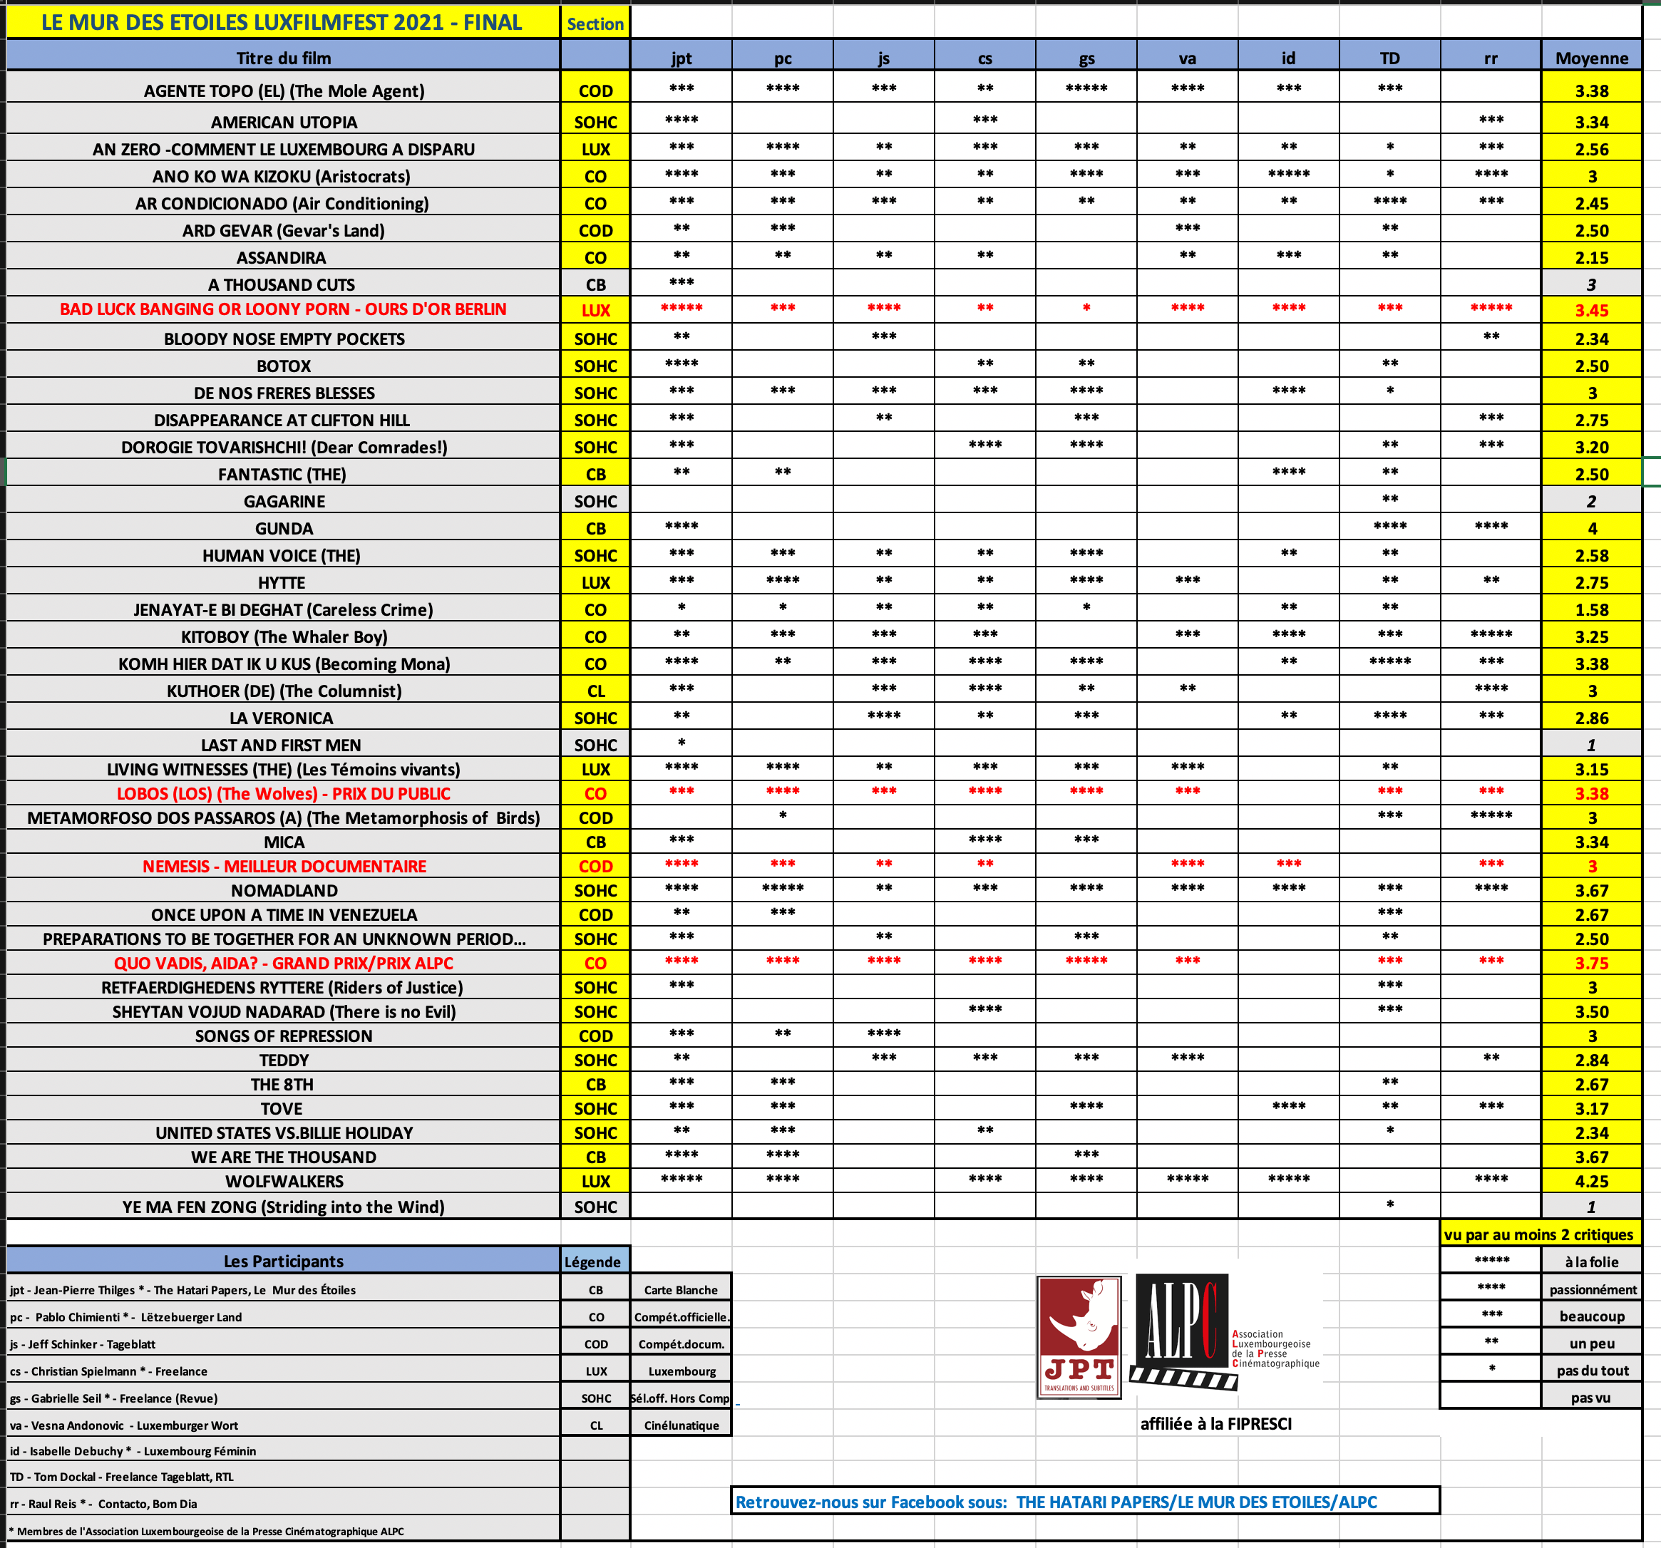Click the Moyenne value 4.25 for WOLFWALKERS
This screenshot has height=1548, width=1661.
click(x=1591, y=1181)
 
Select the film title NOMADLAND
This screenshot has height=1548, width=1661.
click(x=284, y=891)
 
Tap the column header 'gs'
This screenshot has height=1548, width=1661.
click(x=1086, y=58)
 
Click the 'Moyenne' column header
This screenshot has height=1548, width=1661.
click(x=1591, y=58)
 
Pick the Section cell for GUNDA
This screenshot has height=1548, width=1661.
click(x=595, y=529)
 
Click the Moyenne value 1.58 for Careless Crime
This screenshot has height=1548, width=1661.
click(x=1591, y=610)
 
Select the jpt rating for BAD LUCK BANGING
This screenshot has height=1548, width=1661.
click(x=681, y=309)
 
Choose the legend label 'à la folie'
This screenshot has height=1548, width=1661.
click(x=1591, y=1262)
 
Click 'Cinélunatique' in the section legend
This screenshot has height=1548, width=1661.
click(x=681, y=1425)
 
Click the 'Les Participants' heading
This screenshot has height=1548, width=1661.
click(x=283, y=1261)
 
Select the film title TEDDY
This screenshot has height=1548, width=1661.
click(x=284, y=1060)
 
